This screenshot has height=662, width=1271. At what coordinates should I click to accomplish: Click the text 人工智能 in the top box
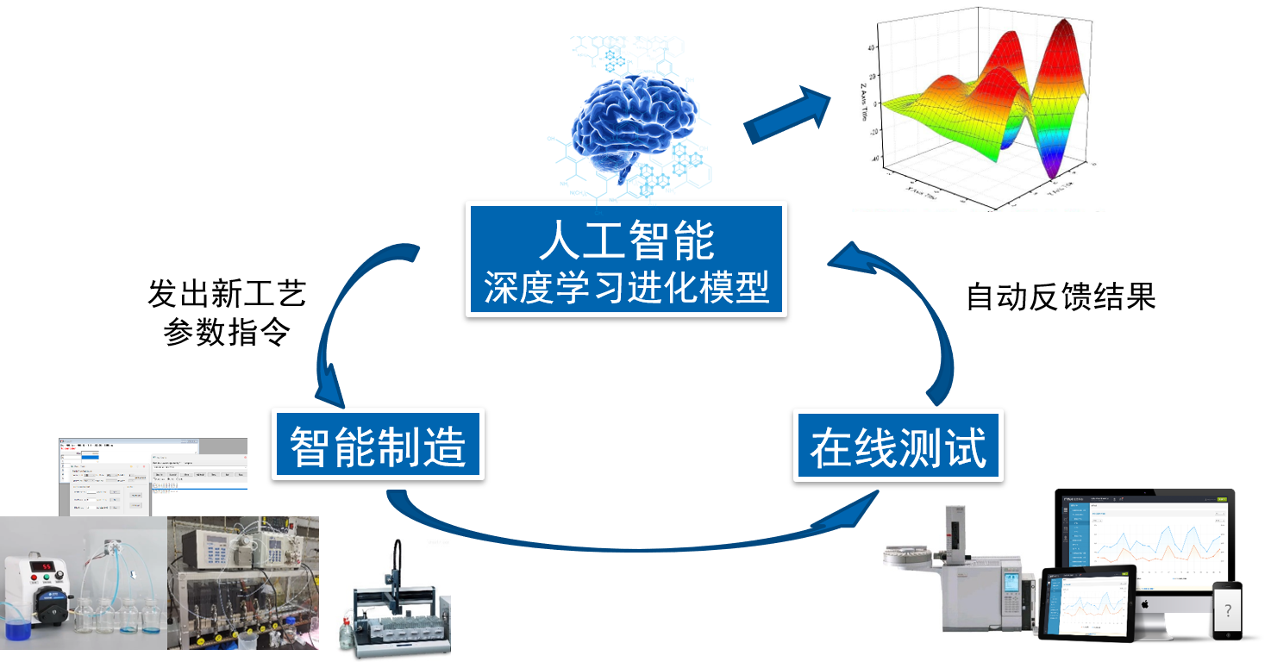(x=626, y=240)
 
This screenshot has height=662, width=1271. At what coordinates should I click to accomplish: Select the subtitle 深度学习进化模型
(x=626, y=288)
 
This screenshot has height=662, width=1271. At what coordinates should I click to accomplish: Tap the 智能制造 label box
(x=378, y=444)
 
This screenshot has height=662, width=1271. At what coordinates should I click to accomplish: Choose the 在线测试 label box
(x=898, y=445)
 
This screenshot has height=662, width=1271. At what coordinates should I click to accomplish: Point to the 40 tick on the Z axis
(x=872, y=48)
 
